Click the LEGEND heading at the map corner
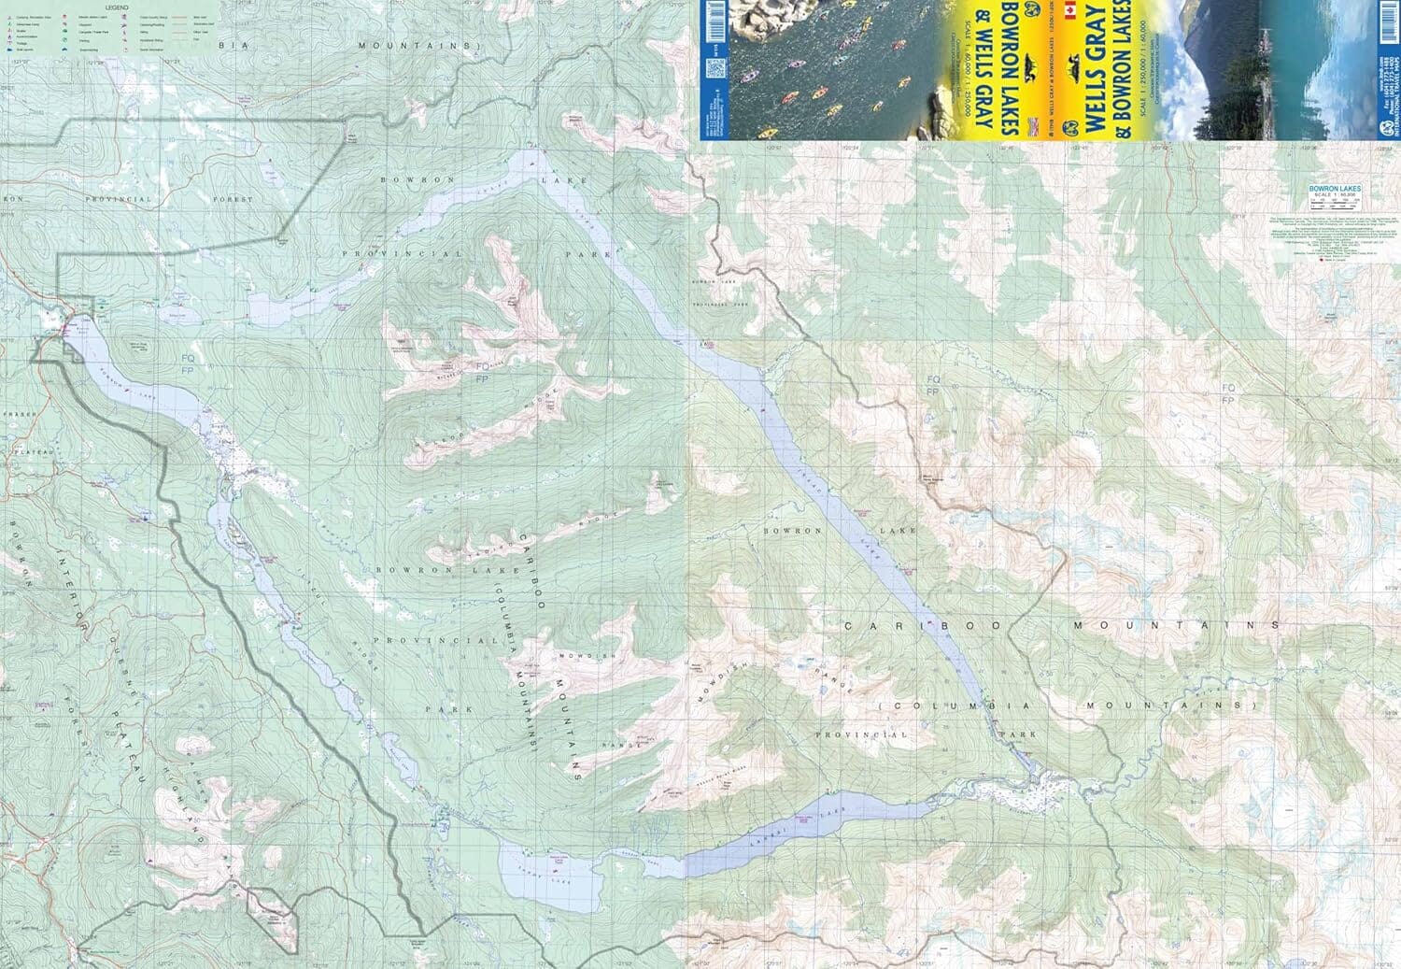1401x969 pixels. pyautogui.click(x=117, y=7)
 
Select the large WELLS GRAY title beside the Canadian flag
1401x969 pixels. pyautogui.click(x=1095, y=56)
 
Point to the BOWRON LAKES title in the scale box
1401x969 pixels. pyautogui.click(x=1335, y=189)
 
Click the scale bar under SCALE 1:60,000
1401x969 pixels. pyautogui.click(x=1335, y=202)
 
